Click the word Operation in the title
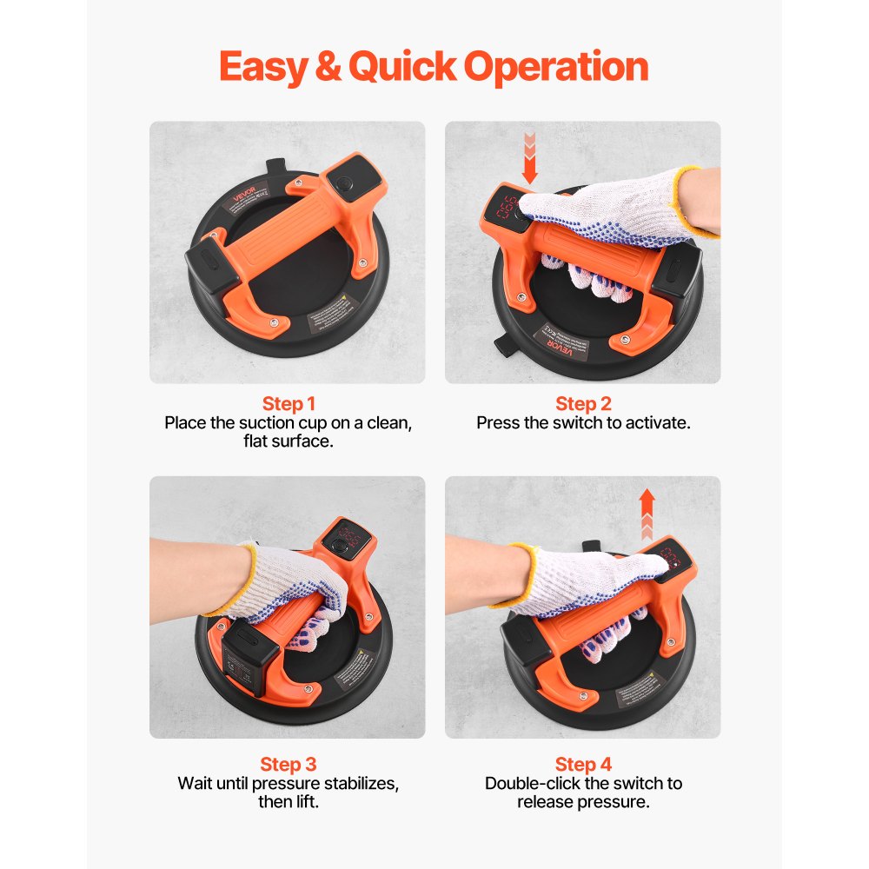coord(555,67)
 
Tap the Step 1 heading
coord(289,404)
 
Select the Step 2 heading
coord(583,404)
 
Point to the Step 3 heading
coord(289,765)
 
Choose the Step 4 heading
coord(583,765)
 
